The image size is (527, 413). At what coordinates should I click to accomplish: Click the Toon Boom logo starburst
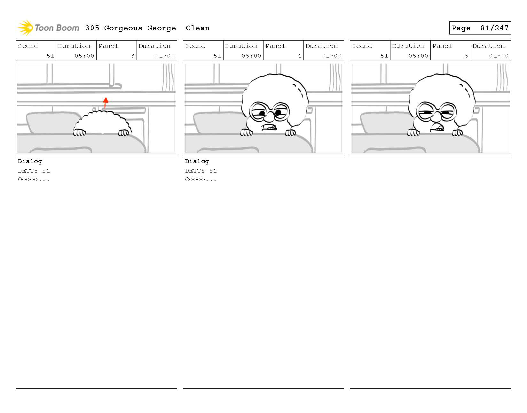click(25, 28)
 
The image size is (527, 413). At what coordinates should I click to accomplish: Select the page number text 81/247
click(494, 28)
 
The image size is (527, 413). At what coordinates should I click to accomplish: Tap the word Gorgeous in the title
click(123, 28)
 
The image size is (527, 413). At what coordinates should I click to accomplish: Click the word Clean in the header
click(197, 28)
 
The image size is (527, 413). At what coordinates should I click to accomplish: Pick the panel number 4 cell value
click(299, 56)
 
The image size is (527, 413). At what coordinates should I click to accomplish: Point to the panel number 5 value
click(466, 56)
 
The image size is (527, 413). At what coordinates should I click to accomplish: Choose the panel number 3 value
click(132, 56)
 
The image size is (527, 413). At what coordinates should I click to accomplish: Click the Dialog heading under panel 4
click(197, 161)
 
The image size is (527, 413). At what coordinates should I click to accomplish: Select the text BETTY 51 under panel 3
click(34, 171)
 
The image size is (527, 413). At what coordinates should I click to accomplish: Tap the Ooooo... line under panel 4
click(201, 179)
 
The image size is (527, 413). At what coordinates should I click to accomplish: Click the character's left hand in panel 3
click(79, 132)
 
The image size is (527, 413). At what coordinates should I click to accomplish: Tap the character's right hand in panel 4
click(290, 133)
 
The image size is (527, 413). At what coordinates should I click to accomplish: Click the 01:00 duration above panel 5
click(498, 56)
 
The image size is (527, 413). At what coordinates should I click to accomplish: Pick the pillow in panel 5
click(384, 123)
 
